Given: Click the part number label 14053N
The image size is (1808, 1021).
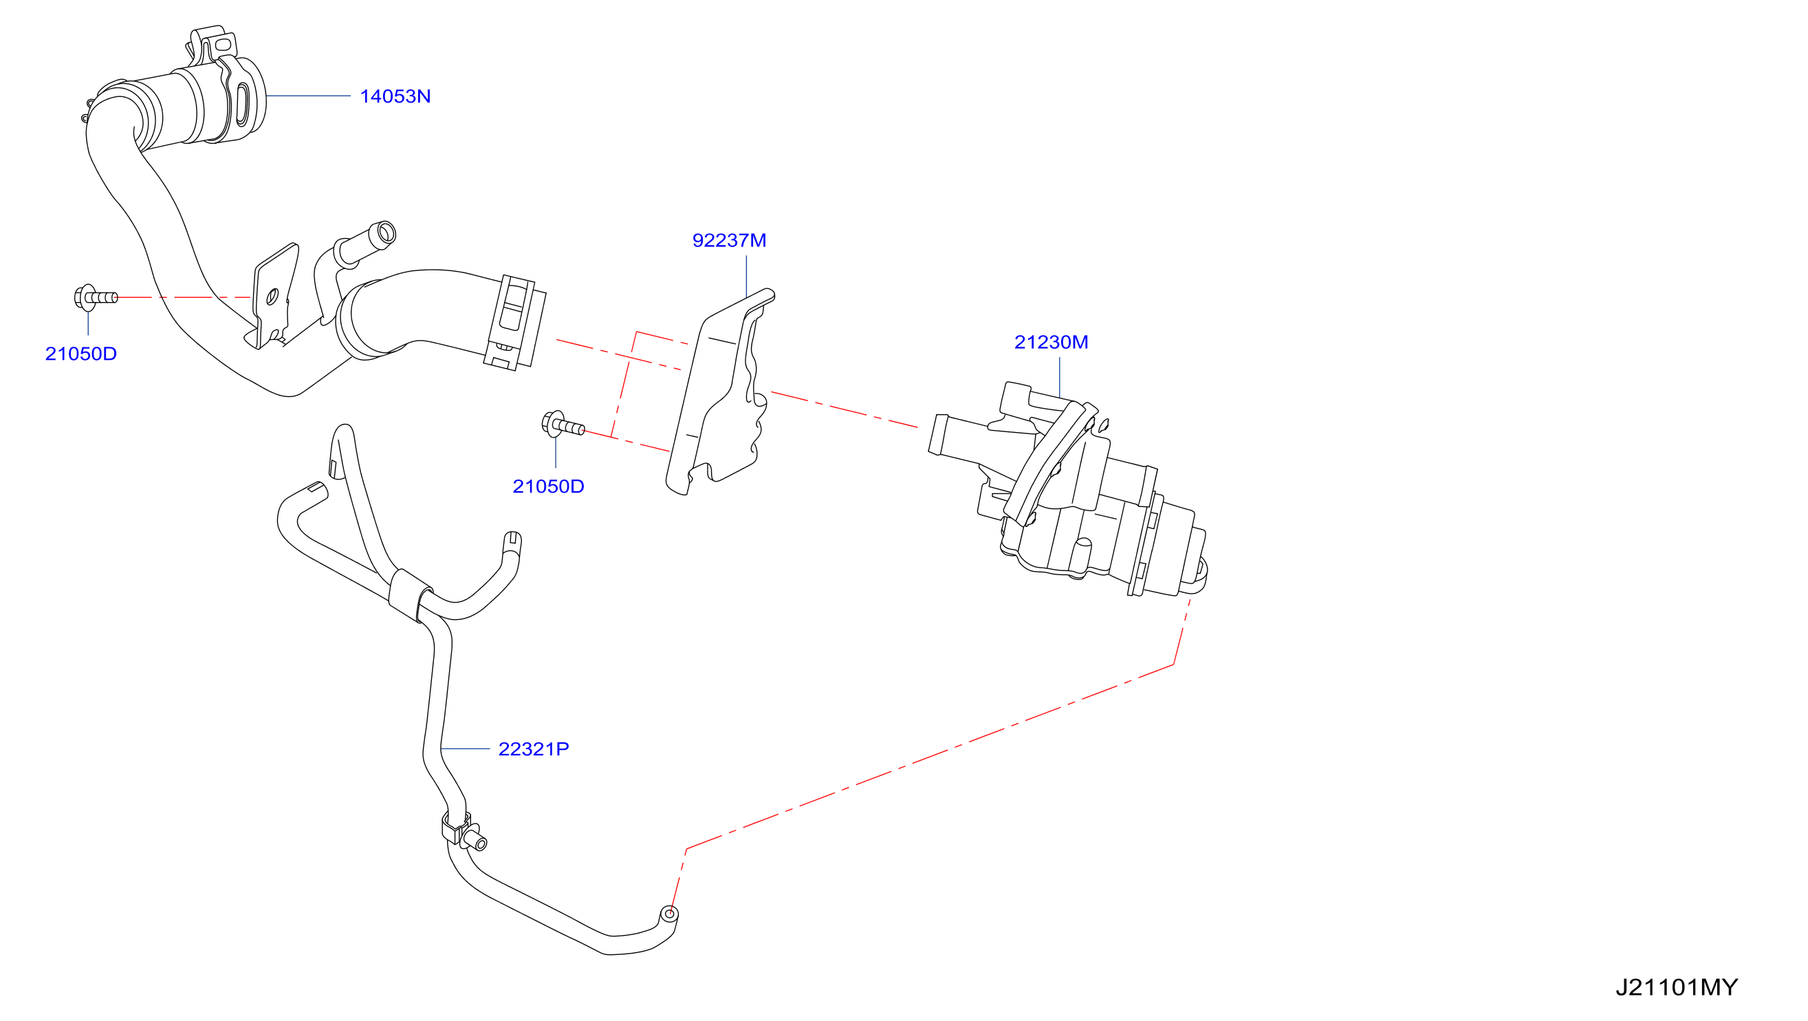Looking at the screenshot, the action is pos(395,96).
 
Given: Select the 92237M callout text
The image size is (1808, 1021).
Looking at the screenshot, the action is pos(729,240).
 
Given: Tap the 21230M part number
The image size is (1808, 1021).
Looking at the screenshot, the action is pos(1051,342).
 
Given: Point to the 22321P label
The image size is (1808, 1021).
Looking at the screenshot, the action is pos(534,749).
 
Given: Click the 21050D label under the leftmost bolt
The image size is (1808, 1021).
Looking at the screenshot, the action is pos(80,353).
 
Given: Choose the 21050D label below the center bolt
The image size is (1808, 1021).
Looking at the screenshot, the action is pos(548,486).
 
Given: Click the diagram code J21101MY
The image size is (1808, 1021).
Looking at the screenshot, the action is pos(1677,987).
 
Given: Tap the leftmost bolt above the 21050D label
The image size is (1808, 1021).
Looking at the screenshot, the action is pos(96,298).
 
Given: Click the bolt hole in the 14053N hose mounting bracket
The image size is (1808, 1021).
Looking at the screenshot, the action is pos(272,297).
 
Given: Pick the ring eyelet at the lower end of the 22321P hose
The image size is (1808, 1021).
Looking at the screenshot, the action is pos(670,914).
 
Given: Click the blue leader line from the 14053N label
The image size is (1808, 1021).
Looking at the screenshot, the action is pos(308,96).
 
